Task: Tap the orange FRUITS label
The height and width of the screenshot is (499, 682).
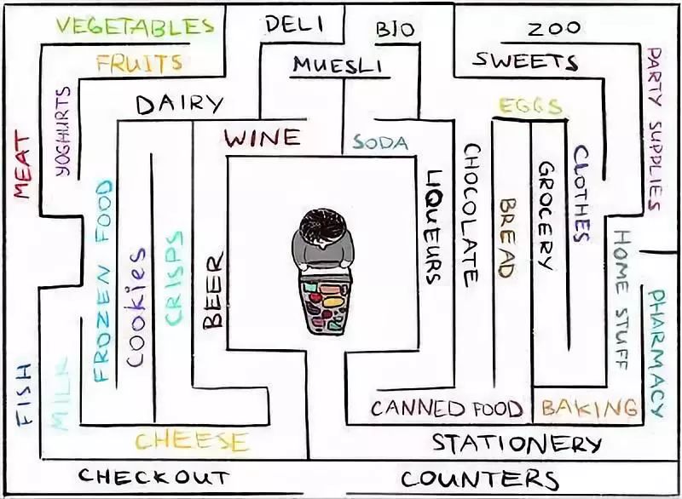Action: pos(139,63)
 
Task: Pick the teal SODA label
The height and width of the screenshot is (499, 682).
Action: pos(380,142)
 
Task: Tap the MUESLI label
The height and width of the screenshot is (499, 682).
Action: pos(338,66)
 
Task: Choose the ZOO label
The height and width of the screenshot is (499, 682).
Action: pos(554,29)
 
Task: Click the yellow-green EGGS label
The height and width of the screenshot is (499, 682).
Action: pos(530,106)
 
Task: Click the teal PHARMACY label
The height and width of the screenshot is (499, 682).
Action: pos(656,353)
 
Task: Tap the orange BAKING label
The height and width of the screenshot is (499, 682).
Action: pos(589,408)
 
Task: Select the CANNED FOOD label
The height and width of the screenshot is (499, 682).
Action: pos(446,409)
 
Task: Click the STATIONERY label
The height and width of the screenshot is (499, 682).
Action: pos(517,444)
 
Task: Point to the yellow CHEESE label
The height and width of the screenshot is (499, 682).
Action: pos(192,441)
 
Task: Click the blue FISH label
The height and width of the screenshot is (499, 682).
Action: pos(24,393)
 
